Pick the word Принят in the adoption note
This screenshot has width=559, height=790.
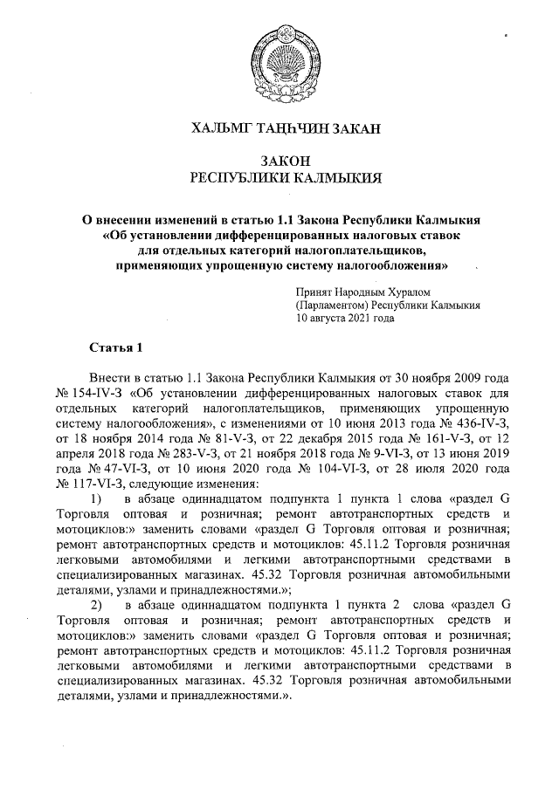click(314, 292)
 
